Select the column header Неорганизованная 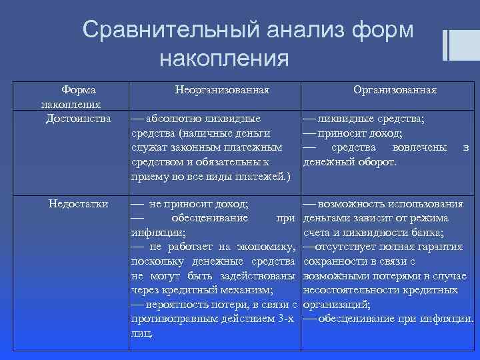coord(222,89)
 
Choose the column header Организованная coord(395,89)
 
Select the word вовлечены coord(422,147)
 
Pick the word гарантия coord(437,247)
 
